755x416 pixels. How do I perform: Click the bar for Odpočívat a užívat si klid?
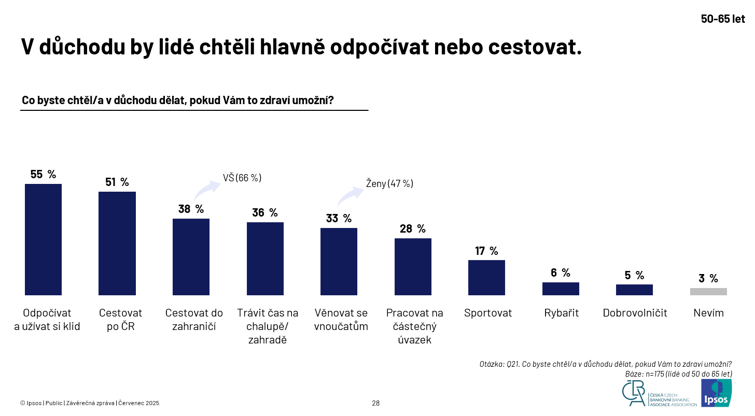43,239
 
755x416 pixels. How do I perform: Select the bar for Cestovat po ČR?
117,243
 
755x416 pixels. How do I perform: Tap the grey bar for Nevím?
708,292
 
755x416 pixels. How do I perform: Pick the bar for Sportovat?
487,278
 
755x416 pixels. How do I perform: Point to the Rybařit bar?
561,289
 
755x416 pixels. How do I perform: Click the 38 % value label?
191,209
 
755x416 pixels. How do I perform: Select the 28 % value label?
413,229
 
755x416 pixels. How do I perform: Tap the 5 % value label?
634,276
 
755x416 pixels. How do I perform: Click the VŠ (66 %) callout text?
242,178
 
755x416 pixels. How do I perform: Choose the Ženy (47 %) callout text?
389,183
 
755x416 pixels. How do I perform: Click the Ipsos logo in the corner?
717,393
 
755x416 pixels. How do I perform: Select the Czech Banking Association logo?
660,394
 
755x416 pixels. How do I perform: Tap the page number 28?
376,403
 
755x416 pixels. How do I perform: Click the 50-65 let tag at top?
723,19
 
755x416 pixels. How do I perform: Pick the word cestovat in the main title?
535,47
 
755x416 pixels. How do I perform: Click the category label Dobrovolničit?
635,313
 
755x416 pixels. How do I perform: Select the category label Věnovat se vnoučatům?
341,320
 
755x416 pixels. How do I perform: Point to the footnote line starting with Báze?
678,374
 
